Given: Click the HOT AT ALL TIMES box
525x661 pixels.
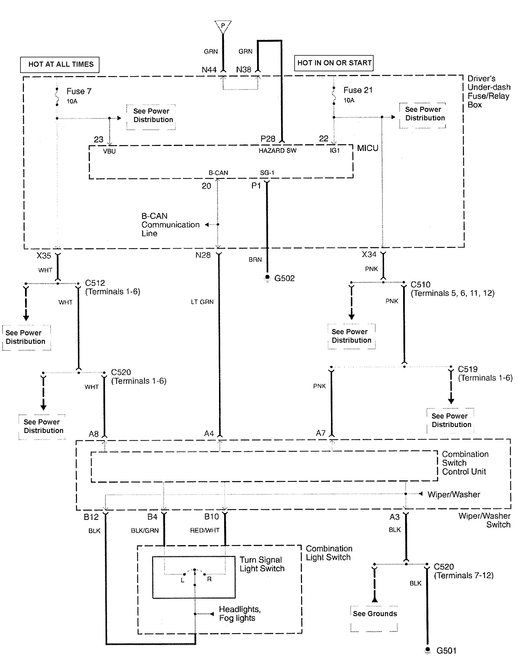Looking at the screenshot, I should (60, 64).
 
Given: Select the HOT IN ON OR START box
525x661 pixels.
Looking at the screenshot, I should (334, 63).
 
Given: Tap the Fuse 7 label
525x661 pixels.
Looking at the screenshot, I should (79, 91).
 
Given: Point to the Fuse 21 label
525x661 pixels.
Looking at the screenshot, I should (358, 90).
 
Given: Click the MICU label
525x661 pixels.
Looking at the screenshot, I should (368, 148).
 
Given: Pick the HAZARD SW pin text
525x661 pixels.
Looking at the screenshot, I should (277, 150).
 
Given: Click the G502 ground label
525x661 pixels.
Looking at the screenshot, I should (284, 278).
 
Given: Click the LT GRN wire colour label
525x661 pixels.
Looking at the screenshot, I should (202, 302).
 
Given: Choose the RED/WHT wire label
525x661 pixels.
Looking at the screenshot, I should (205, 530).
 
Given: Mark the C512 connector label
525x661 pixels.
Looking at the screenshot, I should (95, 283).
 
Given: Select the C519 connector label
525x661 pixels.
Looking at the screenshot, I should (468, 369).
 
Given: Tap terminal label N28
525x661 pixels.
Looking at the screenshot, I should (203, 255).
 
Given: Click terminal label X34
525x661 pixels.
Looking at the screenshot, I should (369, 254).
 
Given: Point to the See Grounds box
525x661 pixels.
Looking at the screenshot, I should (375, 614).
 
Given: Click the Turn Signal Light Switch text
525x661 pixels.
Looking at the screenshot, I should (262, 564).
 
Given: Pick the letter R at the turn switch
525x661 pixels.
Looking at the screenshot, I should (209, 579).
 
